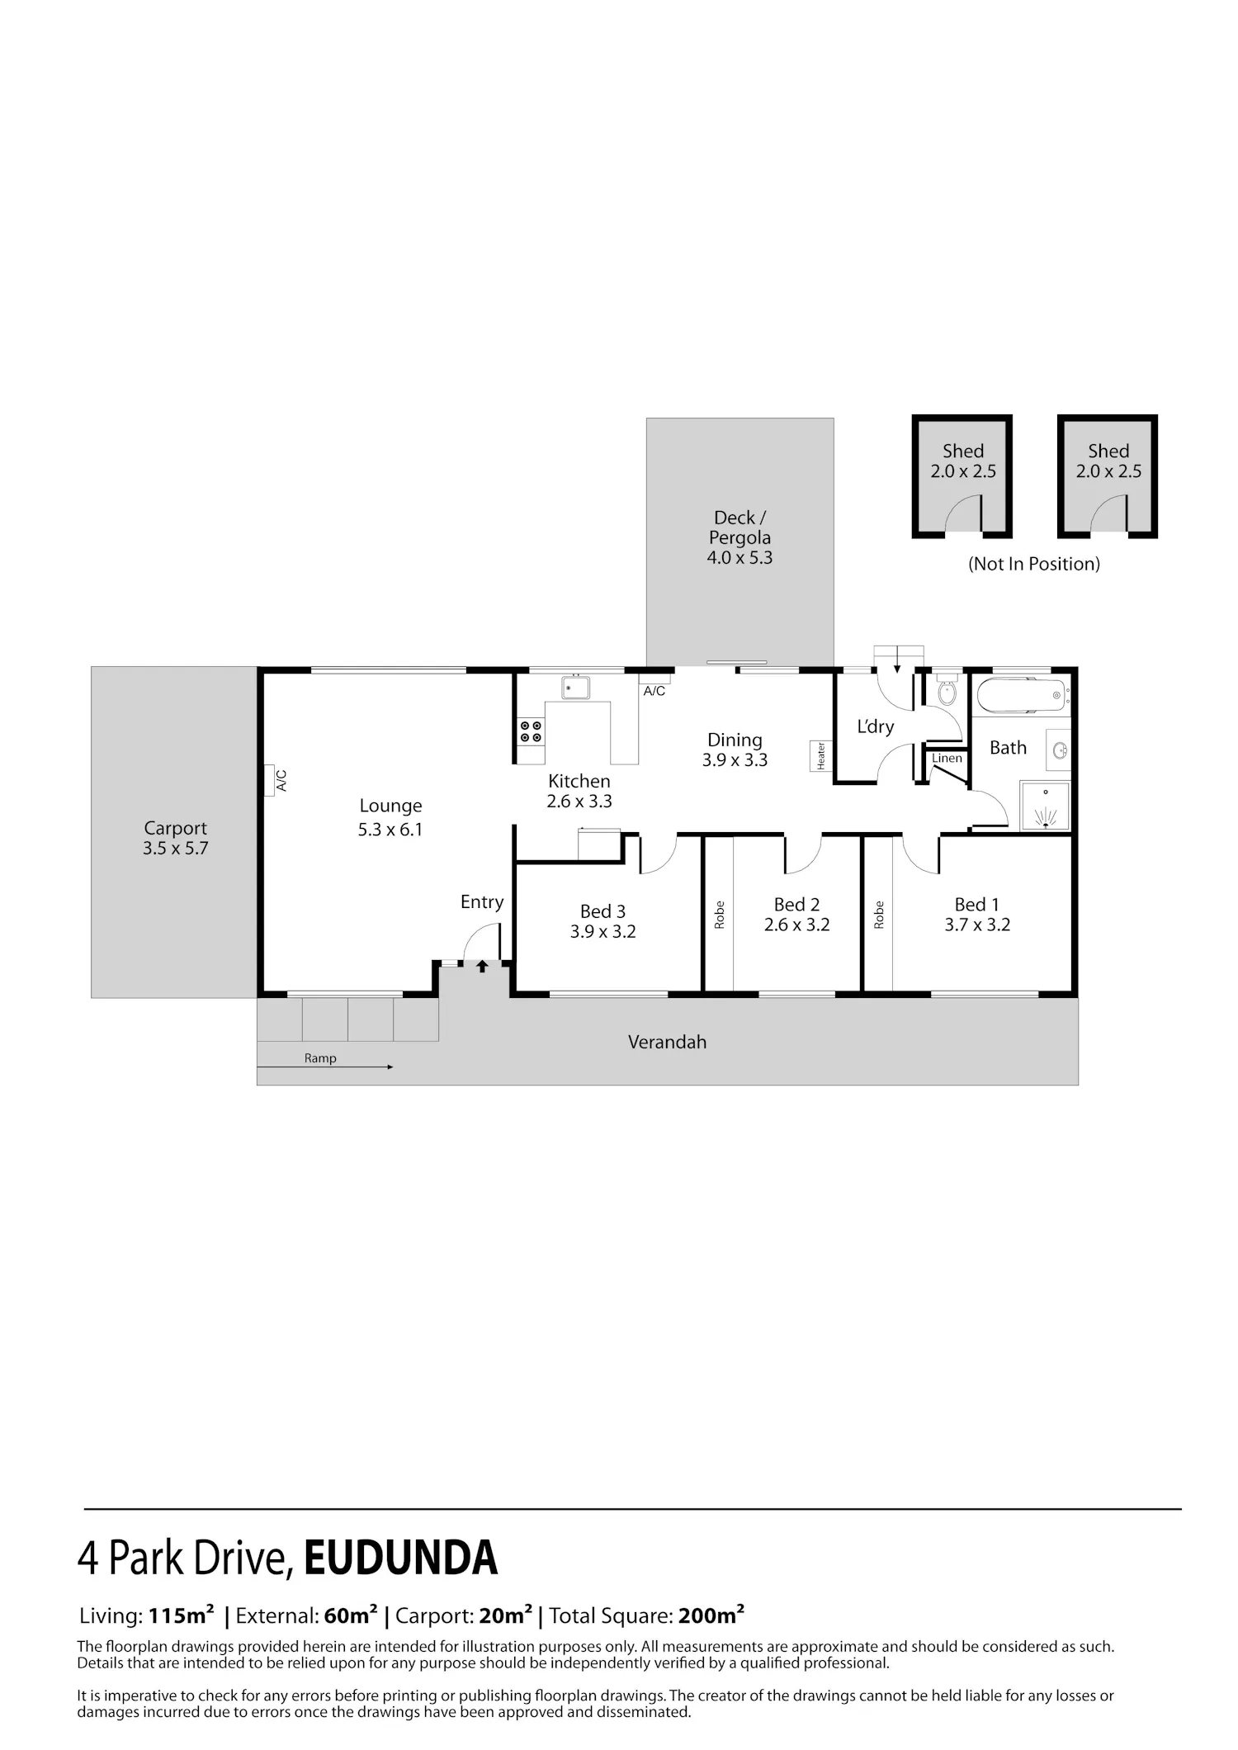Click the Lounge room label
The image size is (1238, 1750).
[390, 806]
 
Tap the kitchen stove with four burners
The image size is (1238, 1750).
[531, 731]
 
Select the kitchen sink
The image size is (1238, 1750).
[574, 687]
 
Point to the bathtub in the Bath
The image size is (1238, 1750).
[1023, 696]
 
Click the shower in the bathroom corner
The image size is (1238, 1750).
[1045, 806]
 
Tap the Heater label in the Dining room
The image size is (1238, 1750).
[820, 756]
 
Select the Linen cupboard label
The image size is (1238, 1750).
[947, 758]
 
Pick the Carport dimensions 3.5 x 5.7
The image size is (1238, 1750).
[175, 848]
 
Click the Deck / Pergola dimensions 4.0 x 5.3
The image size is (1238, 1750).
[739, 557]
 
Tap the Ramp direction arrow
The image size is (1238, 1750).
[325, 1067]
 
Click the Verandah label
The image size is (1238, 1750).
[667, 1042]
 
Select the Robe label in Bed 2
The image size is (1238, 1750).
[719, 915]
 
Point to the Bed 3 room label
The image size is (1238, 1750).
[602, 911]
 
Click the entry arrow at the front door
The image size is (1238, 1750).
[482, 966]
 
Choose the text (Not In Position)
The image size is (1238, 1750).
[1034, 564]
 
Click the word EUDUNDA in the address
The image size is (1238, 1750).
[401, 1558]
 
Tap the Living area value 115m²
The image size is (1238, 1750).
[182, 1615]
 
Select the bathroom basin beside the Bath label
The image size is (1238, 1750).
[1061, 750]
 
